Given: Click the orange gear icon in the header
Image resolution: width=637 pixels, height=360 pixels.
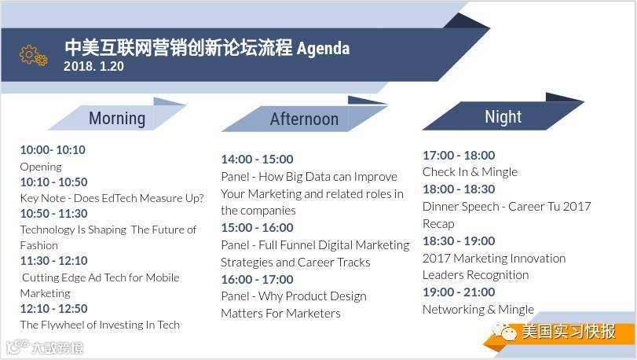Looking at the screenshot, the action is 33,56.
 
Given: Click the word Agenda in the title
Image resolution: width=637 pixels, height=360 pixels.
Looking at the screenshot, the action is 323,49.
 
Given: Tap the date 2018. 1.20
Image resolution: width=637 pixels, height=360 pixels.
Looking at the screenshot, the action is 93,66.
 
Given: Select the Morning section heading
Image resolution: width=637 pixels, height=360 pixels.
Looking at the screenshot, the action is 117,118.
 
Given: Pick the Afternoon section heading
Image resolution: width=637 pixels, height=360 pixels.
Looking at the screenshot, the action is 304,119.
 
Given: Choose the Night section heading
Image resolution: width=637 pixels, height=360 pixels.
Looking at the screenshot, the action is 503,117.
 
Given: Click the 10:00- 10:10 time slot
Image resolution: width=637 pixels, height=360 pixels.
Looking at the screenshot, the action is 53,150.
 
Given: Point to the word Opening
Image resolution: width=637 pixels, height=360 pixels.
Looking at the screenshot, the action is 41,167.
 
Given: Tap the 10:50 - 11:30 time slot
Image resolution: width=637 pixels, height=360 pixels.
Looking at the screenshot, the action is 54,213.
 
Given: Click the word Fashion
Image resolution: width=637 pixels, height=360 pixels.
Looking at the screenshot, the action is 39,245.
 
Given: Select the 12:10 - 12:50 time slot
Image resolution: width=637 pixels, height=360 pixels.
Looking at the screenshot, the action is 54,308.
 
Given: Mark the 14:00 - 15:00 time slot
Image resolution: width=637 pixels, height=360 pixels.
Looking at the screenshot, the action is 257,159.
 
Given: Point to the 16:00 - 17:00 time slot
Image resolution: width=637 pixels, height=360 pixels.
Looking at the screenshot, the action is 257,280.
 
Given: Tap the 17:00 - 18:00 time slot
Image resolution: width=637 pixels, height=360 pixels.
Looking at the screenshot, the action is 459,155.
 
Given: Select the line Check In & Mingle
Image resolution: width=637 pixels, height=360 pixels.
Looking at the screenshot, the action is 470,172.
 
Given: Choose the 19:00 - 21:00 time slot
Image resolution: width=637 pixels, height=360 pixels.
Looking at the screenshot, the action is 459,292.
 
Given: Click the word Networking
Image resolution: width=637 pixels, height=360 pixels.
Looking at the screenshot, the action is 454,310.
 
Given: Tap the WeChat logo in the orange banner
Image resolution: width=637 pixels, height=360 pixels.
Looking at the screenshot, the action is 503,332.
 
